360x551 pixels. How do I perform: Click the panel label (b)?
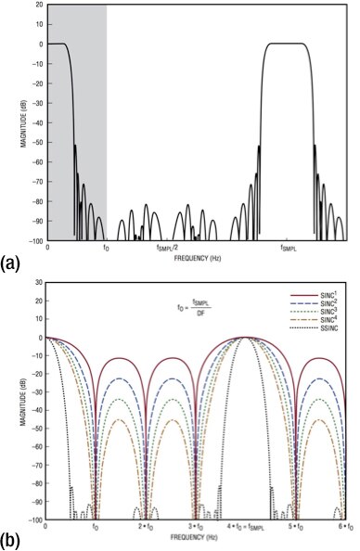11,540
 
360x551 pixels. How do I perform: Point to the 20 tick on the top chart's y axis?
38,5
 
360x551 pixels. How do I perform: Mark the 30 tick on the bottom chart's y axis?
38,282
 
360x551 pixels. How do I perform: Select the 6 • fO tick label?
343,526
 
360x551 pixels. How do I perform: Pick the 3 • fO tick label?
194,526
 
